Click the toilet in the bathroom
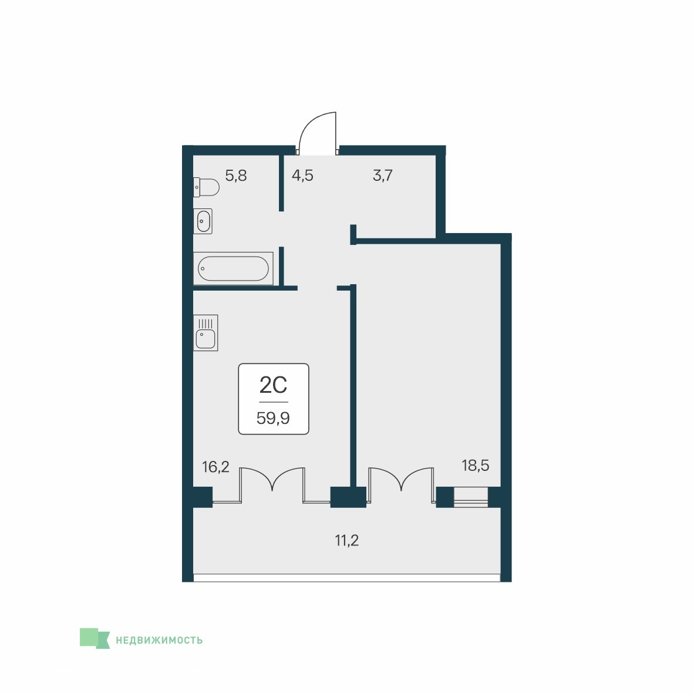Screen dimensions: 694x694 [206, 187]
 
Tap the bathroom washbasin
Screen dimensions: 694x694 [203, 221]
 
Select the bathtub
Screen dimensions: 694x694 [233, 269]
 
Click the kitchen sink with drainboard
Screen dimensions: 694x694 [205, 333]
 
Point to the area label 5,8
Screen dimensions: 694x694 [236, 176]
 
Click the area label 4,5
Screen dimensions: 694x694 [302, 176]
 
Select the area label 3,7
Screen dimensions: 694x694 [382, 176]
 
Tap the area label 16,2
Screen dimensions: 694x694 [215, 467]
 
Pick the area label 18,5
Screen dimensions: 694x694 [476, 466]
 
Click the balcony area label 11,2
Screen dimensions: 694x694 [346, 540]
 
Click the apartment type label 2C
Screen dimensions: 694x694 [273, 385]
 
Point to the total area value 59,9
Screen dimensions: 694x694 [273, 418]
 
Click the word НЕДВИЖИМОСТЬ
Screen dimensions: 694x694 [159, 640]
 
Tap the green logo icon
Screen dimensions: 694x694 [95, 639]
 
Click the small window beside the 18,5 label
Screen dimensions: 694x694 [470, 497]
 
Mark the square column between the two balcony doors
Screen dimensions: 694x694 [348, 497]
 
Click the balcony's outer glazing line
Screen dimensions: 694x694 [346, 578]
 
